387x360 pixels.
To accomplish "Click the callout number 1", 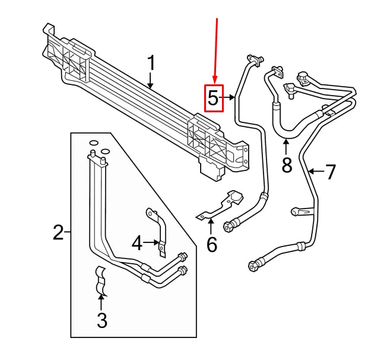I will click(151, 63).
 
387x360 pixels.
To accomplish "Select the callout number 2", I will click(58, 233).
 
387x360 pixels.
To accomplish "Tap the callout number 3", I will click(101, 321).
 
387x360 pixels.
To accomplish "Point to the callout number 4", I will click(137, 242).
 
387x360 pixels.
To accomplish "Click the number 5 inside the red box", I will click(213, 98).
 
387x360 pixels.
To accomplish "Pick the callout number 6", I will click(212, 244).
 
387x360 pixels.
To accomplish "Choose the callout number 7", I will click(331, 172).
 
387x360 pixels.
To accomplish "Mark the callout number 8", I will click(287, 165).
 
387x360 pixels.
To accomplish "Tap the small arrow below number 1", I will click(151, 81).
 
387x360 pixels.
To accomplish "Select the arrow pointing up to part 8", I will click(286, 146).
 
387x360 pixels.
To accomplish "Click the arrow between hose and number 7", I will click(315, 172).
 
